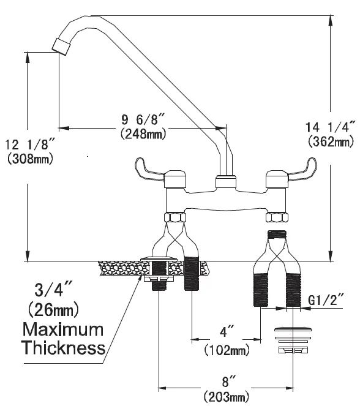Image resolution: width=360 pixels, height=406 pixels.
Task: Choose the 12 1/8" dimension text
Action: pos(30,145)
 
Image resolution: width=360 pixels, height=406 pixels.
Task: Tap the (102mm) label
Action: pos(227,350)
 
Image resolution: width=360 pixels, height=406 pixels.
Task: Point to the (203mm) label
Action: pos(227,398)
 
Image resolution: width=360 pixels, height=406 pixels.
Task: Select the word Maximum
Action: pos(63,330)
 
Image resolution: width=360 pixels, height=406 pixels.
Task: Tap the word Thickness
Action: pos(63,348)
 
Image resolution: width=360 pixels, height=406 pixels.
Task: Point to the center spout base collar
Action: pos(226,181)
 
